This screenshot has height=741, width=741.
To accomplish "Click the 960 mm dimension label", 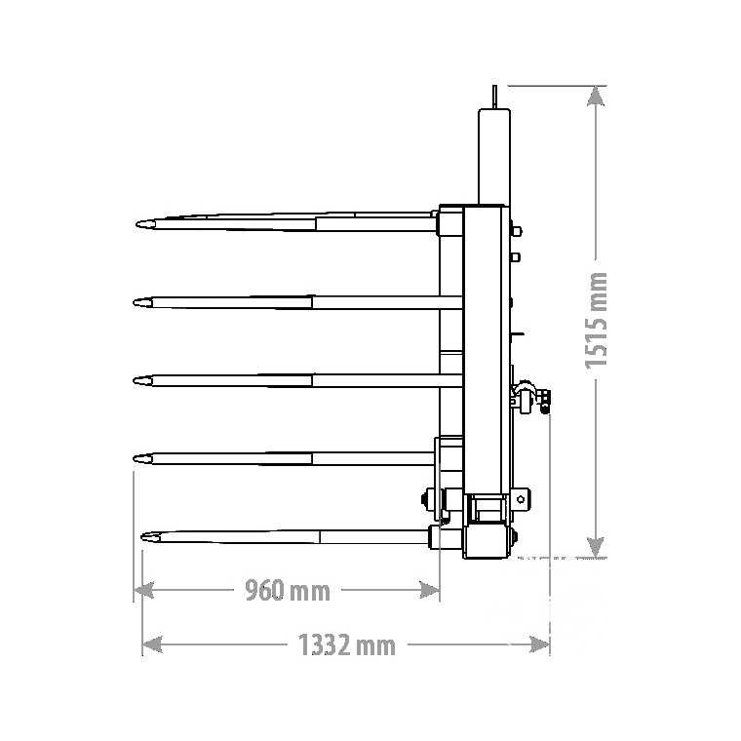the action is coord(288,591).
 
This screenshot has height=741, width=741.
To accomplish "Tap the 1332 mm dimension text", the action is coord(346,645).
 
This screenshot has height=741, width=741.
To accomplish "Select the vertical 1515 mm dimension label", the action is coord(596,321).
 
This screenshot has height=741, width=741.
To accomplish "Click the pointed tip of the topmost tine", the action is coord(137,224).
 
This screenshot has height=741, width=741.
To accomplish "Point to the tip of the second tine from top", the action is coord(135,302).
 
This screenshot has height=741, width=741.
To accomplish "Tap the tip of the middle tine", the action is coord(135,380).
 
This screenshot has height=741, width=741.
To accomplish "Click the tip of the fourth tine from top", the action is coord(135,458).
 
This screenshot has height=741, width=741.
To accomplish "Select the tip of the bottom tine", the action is coord(142,537).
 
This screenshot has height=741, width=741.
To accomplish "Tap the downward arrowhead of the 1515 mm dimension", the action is coord(596,547).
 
